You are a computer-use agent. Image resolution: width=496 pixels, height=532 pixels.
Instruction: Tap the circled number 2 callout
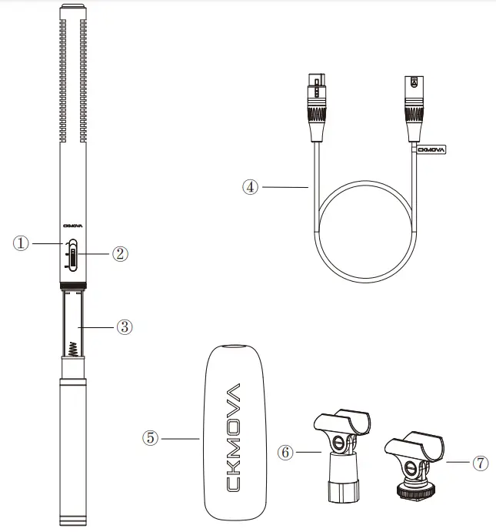[119, 253]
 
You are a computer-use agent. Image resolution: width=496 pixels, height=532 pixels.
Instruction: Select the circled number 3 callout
[125, 326]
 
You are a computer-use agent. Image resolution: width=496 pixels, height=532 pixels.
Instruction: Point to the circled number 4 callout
[250, 186]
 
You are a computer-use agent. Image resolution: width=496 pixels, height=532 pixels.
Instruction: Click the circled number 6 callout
[286, 453]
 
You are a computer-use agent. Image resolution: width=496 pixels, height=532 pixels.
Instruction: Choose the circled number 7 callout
[479, 463]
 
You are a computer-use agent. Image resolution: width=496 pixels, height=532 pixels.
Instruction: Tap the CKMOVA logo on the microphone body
[72, 226]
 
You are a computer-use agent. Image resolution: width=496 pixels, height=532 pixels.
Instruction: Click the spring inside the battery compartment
[72, 346]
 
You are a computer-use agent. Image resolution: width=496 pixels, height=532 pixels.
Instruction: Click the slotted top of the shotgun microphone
[73, 77]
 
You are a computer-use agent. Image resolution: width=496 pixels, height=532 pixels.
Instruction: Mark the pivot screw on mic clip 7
[412, 469]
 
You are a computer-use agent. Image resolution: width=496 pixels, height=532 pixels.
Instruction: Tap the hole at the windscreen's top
[234, 349]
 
